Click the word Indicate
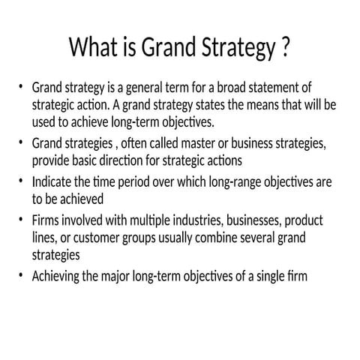click(x=53, y=182)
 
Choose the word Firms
click(x=46, y=221)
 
